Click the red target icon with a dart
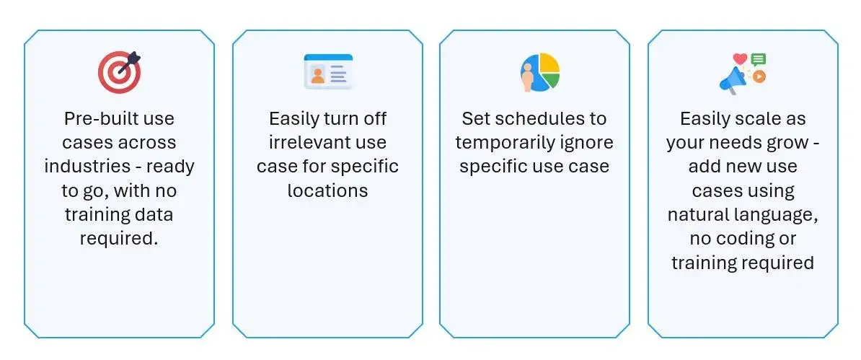pos(119,71)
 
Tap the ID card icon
pos(328,71)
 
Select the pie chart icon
pos(540,71)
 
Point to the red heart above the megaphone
pos(739,59)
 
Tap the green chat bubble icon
pos(758,60)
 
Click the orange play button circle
pos(759,76)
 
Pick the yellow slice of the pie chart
pos(549,63)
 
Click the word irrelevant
pos(295,143)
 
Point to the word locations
pos(328,190)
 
